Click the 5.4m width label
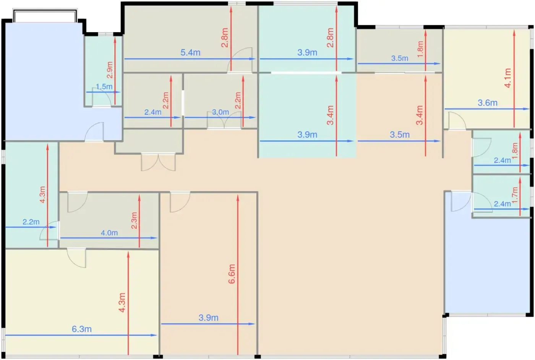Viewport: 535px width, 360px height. click(190, 53)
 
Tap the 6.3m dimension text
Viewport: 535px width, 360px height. click(82, 329)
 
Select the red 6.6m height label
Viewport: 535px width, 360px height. click(232, 274)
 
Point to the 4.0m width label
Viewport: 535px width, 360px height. click(109, 233)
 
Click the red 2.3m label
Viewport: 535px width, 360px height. click(134, 221)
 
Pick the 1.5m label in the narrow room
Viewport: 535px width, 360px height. click(104, 86)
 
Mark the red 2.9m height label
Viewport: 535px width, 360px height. click(110, 70)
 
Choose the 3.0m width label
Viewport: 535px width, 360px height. click(220, 112)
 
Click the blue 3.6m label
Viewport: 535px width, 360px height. click(488, 103)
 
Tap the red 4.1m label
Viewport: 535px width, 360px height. click(507, 78)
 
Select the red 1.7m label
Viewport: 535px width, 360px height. click(515, 195)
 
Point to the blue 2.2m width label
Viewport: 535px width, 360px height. click(31, 222)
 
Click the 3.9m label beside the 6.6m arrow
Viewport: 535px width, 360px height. click(209, 318)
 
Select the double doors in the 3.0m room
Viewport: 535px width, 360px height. click(224, 120)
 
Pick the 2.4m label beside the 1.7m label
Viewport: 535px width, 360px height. click(502, 204)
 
